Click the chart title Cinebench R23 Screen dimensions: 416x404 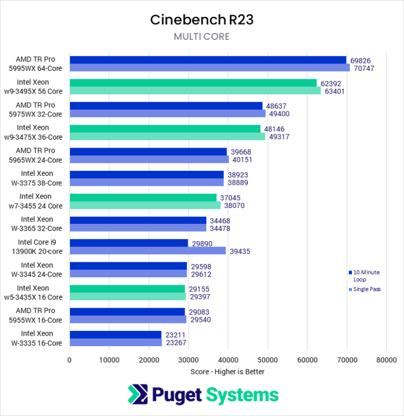click(202, 20)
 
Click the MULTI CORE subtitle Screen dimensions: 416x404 click(202, 37)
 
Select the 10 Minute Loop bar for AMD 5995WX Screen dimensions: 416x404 click(208, 60)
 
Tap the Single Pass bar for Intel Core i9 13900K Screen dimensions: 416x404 click(148, 251)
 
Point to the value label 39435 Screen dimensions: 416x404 click(239, 251)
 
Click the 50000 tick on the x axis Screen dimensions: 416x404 click(267, 360)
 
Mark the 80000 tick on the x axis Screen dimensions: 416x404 click(386, 360)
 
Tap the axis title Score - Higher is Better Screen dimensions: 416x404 click(227, 372)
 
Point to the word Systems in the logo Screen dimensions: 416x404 click(243, 395)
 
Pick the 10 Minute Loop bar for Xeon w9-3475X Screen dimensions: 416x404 click(165, 129)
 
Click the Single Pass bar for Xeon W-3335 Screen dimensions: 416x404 click(116, 342)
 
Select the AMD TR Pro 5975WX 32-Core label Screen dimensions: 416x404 click(39, 110)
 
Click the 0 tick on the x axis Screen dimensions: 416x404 click(69, 360)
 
